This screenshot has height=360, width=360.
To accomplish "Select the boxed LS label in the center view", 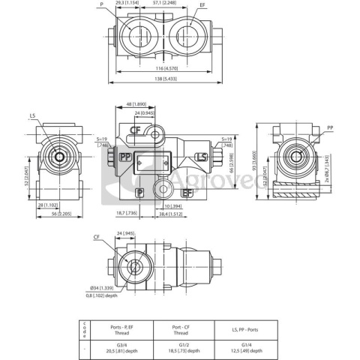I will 199,156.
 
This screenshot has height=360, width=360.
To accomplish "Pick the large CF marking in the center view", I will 136,129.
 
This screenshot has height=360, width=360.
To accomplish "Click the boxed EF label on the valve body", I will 185,193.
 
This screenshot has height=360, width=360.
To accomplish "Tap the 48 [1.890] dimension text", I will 135,105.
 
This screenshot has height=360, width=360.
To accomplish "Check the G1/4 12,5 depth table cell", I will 244,347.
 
